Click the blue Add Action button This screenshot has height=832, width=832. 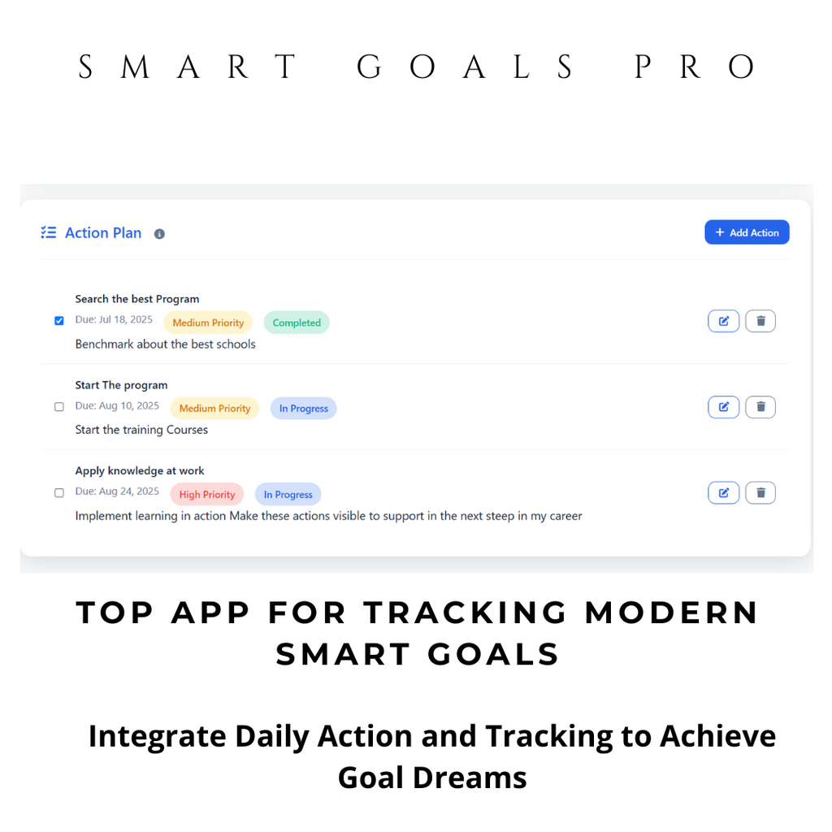click(747, 232)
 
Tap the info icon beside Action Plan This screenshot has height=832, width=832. click(159, 234)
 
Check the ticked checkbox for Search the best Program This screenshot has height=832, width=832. click(59, 321)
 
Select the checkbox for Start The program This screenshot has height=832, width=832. click(59, 407)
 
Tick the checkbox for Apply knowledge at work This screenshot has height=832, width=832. click(59, 493)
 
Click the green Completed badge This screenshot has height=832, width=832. click(297, 323)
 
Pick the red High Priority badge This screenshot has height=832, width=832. click(207, 494)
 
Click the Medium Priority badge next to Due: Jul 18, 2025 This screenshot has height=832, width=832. click(208, 323)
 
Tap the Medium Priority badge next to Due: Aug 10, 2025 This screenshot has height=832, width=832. click(214, 409)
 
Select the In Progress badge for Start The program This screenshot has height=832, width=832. click(304, 409)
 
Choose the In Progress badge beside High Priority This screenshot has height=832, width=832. click(288, 494)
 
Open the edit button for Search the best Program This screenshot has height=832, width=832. click(723, 321)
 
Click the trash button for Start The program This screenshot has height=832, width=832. click(760, 407)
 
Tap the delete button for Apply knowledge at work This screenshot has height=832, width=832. click(760, 492)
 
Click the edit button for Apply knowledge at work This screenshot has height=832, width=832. click(723, 492)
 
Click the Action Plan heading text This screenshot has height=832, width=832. click(103, 233)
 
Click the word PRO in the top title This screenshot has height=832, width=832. click(695, 67)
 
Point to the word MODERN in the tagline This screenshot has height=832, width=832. click(672, 613)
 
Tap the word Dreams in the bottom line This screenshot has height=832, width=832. click(470, 778)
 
